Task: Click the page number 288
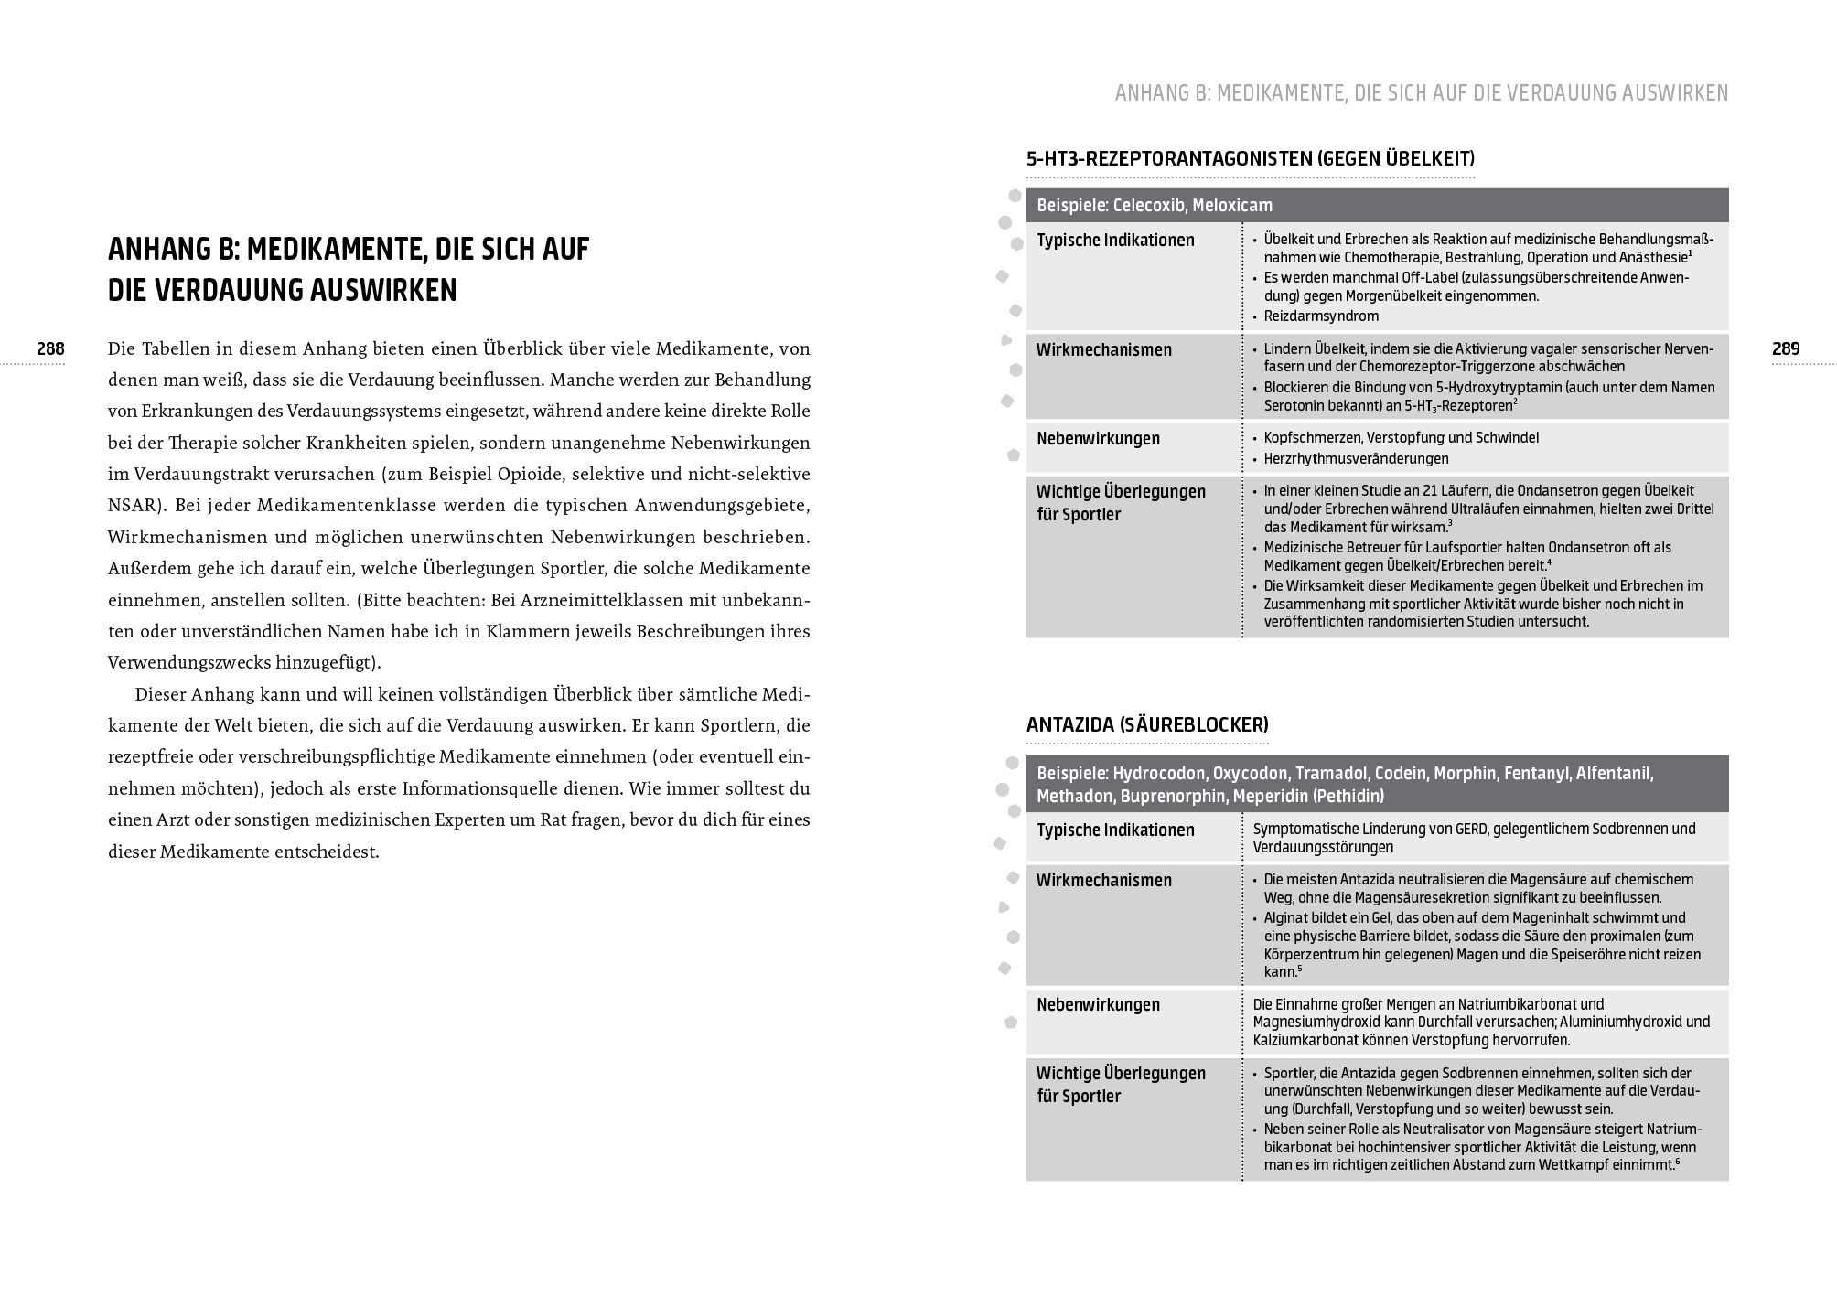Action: click(50, 348)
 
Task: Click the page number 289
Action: click(1786, 348)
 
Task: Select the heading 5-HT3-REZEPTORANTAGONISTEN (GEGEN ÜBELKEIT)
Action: click(1250, 159)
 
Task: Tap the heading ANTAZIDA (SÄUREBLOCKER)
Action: click(1147, 725)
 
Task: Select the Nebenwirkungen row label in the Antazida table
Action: click(1098, 1004)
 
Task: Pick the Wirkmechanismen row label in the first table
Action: click(1103, 349)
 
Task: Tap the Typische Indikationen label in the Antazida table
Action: click(1115, 830)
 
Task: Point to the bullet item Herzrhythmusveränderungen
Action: click(1356, 459)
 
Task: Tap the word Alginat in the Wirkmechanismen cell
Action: click(1288, 917)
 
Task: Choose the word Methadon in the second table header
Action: click(1074, 797)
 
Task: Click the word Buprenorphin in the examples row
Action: click(1172, 797)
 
